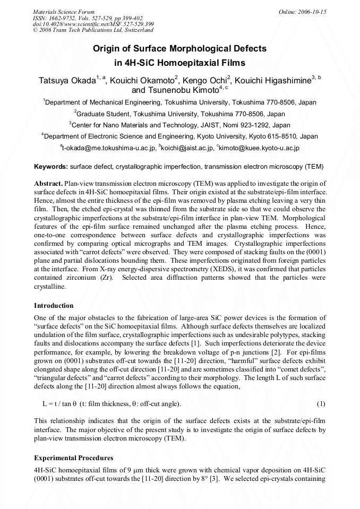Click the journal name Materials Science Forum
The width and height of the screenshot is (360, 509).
click(x=64, y=12)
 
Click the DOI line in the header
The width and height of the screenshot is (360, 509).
click(x=93, y=24)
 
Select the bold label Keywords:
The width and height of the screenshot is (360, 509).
click(x=51, y=167)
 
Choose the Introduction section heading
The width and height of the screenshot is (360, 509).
click(x=54, y=306)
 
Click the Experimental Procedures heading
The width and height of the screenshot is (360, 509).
click(x=73, y=458)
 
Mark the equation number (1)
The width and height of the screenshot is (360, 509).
click(x=321, y=404)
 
